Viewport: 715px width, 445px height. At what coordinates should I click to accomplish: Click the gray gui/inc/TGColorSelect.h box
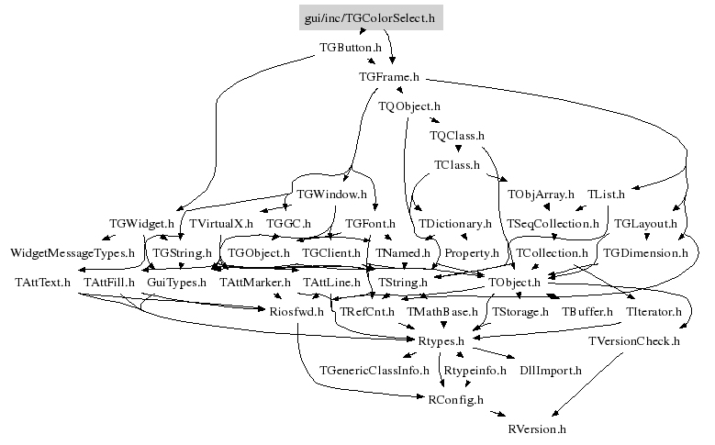point(371,17)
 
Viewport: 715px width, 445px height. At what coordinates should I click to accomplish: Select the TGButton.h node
point(350,46)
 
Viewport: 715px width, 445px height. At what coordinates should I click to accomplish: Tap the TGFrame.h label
point(388,77)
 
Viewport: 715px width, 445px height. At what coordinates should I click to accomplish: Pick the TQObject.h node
point(409,106)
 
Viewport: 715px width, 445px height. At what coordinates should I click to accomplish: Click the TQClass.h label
point(456,136)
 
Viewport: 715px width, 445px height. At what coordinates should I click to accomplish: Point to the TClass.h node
point(456,165)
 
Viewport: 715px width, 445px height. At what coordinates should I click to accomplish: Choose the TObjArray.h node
point(541,194)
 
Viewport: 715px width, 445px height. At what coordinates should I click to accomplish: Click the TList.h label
point(606,194)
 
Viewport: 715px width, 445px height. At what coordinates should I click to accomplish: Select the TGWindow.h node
point(332,194)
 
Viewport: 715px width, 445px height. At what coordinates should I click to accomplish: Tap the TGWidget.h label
point(141,223)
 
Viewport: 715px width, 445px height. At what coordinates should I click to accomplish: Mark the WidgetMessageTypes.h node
point(73,251)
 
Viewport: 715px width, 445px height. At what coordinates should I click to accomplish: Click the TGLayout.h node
point(645,223)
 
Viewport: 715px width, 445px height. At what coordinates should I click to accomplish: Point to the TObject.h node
point(514,282)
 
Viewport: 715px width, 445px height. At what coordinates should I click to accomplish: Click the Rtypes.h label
point(443,341)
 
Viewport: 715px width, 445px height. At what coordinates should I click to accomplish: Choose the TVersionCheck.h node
point(633,341)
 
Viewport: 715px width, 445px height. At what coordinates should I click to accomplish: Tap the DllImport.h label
point(551,370)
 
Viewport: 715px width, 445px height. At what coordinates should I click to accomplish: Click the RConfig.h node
point(456,399)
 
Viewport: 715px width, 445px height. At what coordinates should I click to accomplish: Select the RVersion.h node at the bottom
point(537,428)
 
